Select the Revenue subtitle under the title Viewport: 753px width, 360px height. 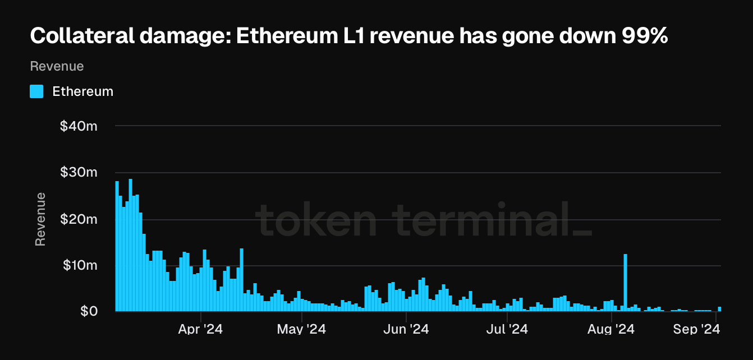click(x=57, y=66)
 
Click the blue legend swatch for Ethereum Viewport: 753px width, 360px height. click(x=36, y=91)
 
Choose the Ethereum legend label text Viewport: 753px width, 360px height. click(x=82, y=91)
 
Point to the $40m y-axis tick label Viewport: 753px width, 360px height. click(x=79, y=126)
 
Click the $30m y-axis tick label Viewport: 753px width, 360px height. click(x=79, y=173)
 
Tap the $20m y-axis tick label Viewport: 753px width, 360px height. click(x=79, y=219)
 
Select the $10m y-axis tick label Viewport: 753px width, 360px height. click(x=79, y=265)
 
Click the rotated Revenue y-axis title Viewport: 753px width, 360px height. click(x=40, y=219)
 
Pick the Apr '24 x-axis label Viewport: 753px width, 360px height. click(x=200, y=329)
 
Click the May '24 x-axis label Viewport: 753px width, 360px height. click(x=301, y=329)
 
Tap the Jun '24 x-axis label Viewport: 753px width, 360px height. click(x=406, y=329)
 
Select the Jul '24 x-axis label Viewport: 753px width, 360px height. click(x=507, y=329)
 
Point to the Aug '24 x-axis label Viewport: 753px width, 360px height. click(x=612, y=329)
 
